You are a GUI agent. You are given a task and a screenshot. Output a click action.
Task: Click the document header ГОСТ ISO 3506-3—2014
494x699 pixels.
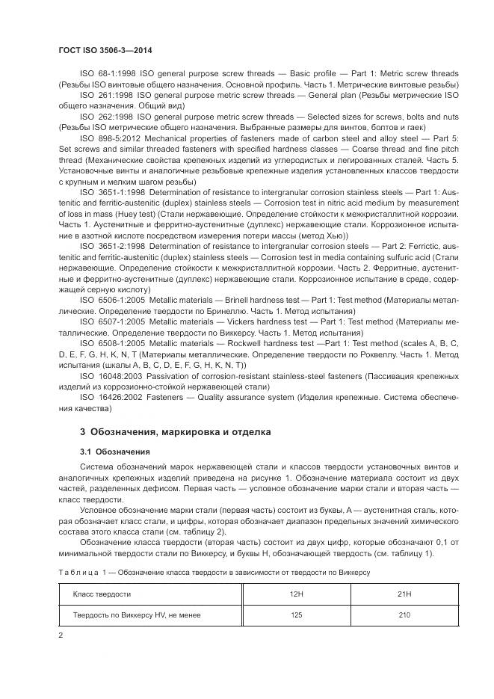[x=105, y=50]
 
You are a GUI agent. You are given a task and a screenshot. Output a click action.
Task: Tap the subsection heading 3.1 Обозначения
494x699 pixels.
[x=115, y=452]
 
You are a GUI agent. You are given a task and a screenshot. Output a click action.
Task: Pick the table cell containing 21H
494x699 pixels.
[x=404, y=594]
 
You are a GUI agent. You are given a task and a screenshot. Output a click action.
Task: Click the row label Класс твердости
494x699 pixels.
[x=102, y=594]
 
